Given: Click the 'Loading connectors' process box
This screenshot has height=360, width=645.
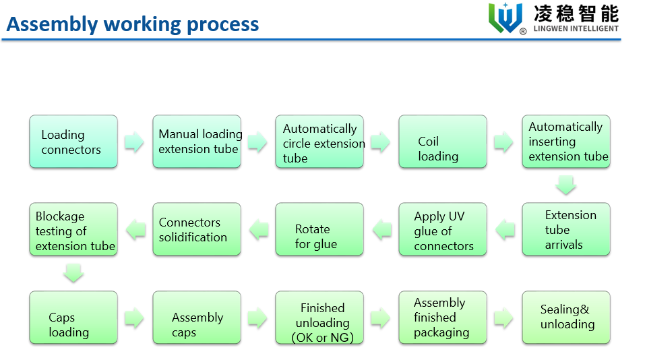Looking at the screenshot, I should coord(73,142).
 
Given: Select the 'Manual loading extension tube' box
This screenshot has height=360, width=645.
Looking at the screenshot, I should coord(196,142).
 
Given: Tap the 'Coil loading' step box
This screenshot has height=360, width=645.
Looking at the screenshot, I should coord(442,142).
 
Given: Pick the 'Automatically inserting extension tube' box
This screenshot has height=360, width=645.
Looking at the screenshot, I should coord(565,142).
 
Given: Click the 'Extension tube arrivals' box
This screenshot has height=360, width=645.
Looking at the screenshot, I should coord(565,229).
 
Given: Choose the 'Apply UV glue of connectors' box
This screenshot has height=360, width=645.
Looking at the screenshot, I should coord(442,229).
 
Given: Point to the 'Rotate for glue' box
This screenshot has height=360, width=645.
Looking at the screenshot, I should coord(319,229).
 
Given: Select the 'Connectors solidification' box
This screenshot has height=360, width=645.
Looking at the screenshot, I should coord(196,229).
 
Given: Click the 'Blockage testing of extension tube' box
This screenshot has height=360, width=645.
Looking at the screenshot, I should coord(73,229).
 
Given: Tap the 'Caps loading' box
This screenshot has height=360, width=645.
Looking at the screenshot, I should coord(73,318).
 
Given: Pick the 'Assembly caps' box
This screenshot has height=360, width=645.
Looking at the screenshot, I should coord(196,318).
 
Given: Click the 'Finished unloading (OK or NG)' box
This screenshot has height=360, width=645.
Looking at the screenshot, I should coord(319,318).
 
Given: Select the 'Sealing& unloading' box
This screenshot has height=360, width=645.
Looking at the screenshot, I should coord(565,318).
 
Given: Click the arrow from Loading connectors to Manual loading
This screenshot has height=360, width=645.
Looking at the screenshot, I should coord(135,142).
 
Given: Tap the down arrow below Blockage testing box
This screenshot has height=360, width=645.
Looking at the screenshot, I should coord(73,273).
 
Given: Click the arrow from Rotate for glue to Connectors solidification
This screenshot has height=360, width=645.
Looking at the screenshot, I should coord(258,230).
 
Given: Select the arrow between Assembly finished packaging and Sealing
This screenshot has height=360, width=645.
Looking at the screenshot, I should coord(504,318).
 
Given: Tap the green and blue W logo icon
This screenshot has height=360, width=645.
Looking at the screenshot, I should coord(506,18).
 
